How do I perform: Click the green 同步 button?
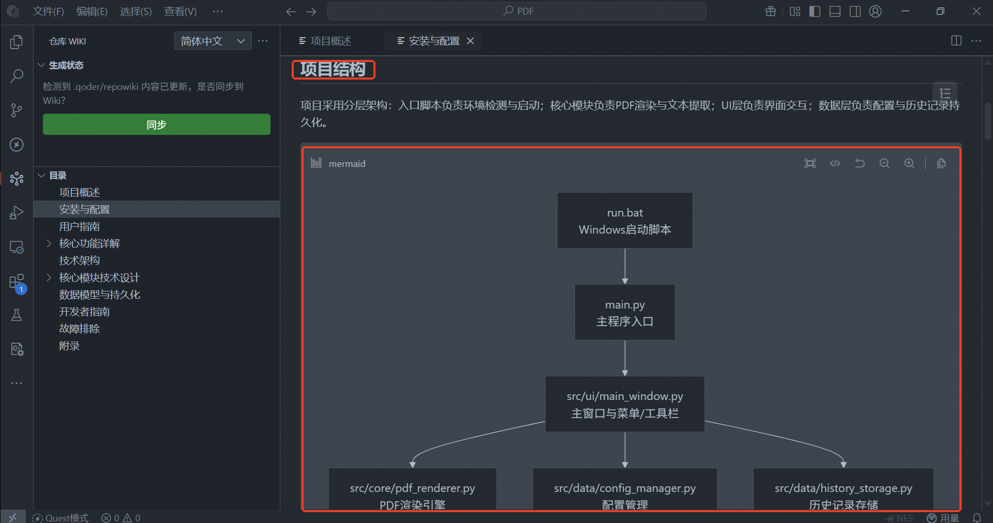click(x=156, y=125)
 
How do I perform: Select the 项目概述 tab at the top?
click(x=325, y=41)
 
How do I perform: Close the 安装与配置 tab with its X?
click(x=470, y=41)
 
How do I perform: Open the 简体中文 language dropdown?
click(x=213, y=41)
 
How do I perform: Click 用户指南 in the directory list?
click(x=79, y=226)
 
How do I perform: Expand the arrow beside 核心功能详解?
click(x=49, y=243)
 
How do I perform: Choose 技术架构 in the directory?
click(x=79, y=260)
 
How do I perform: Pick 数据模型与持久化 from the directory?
click(x=99, y=295)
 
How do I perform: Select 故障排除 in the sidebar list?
click(x=79, y=329)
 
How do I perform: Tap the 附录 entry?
click(x=69, y=346)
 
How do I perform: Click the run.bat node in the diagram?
click(x=625, y=221)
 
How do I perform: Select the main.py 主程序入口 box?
click(x=625, y=313)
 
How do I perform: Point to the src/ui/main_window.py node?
click(x=625, y=404)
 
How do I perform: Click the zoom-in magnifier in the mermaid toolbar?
click(x=909, y=163)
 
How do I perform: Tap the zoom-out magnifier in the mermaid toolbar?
click(x=884, y=163)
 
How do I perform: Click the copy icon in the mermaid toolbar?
click(x=941, y=163)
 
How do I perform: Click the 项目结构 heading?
click(x=333, y=69)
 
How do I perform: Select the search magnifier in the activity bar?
click(x=17, y=76)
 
